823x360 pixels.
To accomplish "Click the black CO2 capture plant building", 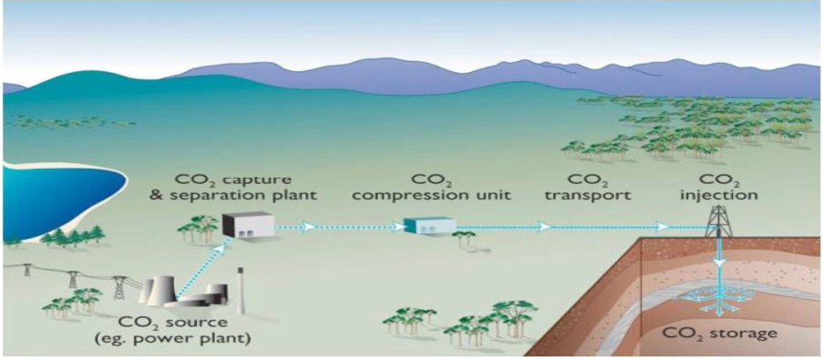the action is pos(248,224).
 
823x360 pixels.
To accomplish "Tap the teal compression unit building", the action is pos(429,225).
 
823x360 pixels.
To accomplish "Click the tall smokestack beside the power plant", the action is pos(241,290).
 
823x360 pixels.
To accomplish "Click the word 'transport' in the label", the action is pos(588,196).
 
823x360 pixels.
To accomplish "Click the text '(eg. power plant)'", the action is pos(173,338).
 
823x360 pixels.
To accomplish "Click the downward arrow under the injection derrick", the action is pos(718,261).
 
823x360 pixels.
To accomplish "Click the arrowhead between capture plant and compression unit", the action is pos(311,226).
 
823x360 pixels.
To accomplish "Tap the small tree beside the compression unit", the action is pos(464,238).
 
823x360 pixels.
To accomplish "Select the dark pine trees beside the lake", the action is pos(74,235).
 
